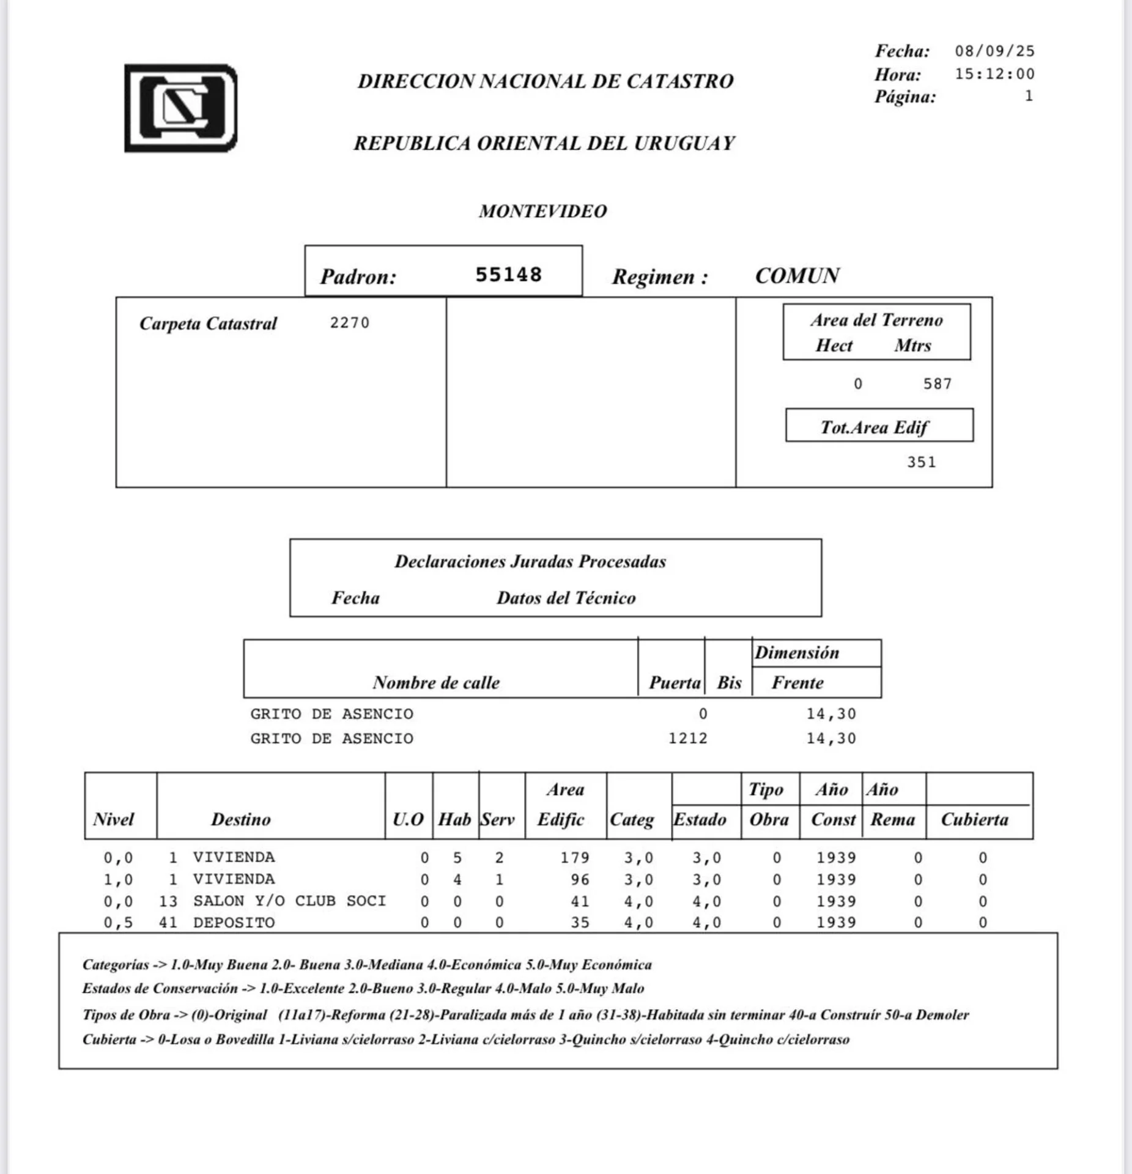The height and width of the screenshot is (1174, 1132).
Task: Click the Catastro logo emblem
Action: [181, 108]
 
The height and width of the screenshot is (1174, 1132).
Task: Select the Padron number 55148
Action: [508, 275]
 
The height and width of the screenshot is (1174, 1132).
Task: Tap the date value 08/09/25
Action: [994, 51]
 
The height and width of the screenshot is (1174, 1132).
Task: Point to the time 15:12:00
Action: [994, 74]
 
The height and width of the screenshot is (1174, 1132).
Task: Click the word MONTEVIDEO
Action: [542, 211]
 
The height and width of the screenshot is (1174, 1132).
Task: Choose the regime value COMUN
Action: [797, 276]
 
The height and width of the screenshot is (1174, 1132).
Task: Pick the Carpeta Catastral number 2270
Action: [350, 322]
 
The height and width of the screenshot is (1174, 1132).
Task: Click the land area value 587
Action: [938, 384]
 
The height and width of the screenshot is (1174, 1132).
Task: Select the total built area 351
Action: [921, 462]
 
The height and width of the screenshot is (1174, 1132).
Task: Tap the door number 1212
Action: [687, 739]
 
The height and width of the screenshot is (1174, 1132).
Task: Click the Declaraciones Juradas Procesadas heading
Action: [530, 561]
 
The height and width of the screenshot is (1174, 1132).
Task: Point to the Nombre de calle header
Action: [436, 682]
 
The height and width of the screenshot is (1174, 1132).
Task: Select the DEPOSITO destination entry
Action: [234, 923]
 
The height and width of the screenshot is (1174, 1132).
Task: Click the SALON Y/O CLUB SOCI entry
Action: [289, 901]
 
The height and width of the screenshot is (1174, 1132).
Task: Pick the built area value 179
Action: [575, 858]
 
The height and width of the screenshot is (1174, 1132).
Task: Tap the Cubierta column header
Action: [974, 819]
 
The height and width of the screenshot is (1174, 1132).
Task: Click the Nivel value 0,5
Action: [118, 923]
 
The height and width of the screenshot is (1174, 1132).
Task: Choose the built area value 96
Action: [580, 880]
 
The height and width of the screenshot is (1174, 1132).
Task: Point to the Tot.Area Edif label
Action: [874, 427]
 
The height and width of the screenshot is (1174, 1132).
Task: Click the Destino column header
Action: [241, 819]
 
